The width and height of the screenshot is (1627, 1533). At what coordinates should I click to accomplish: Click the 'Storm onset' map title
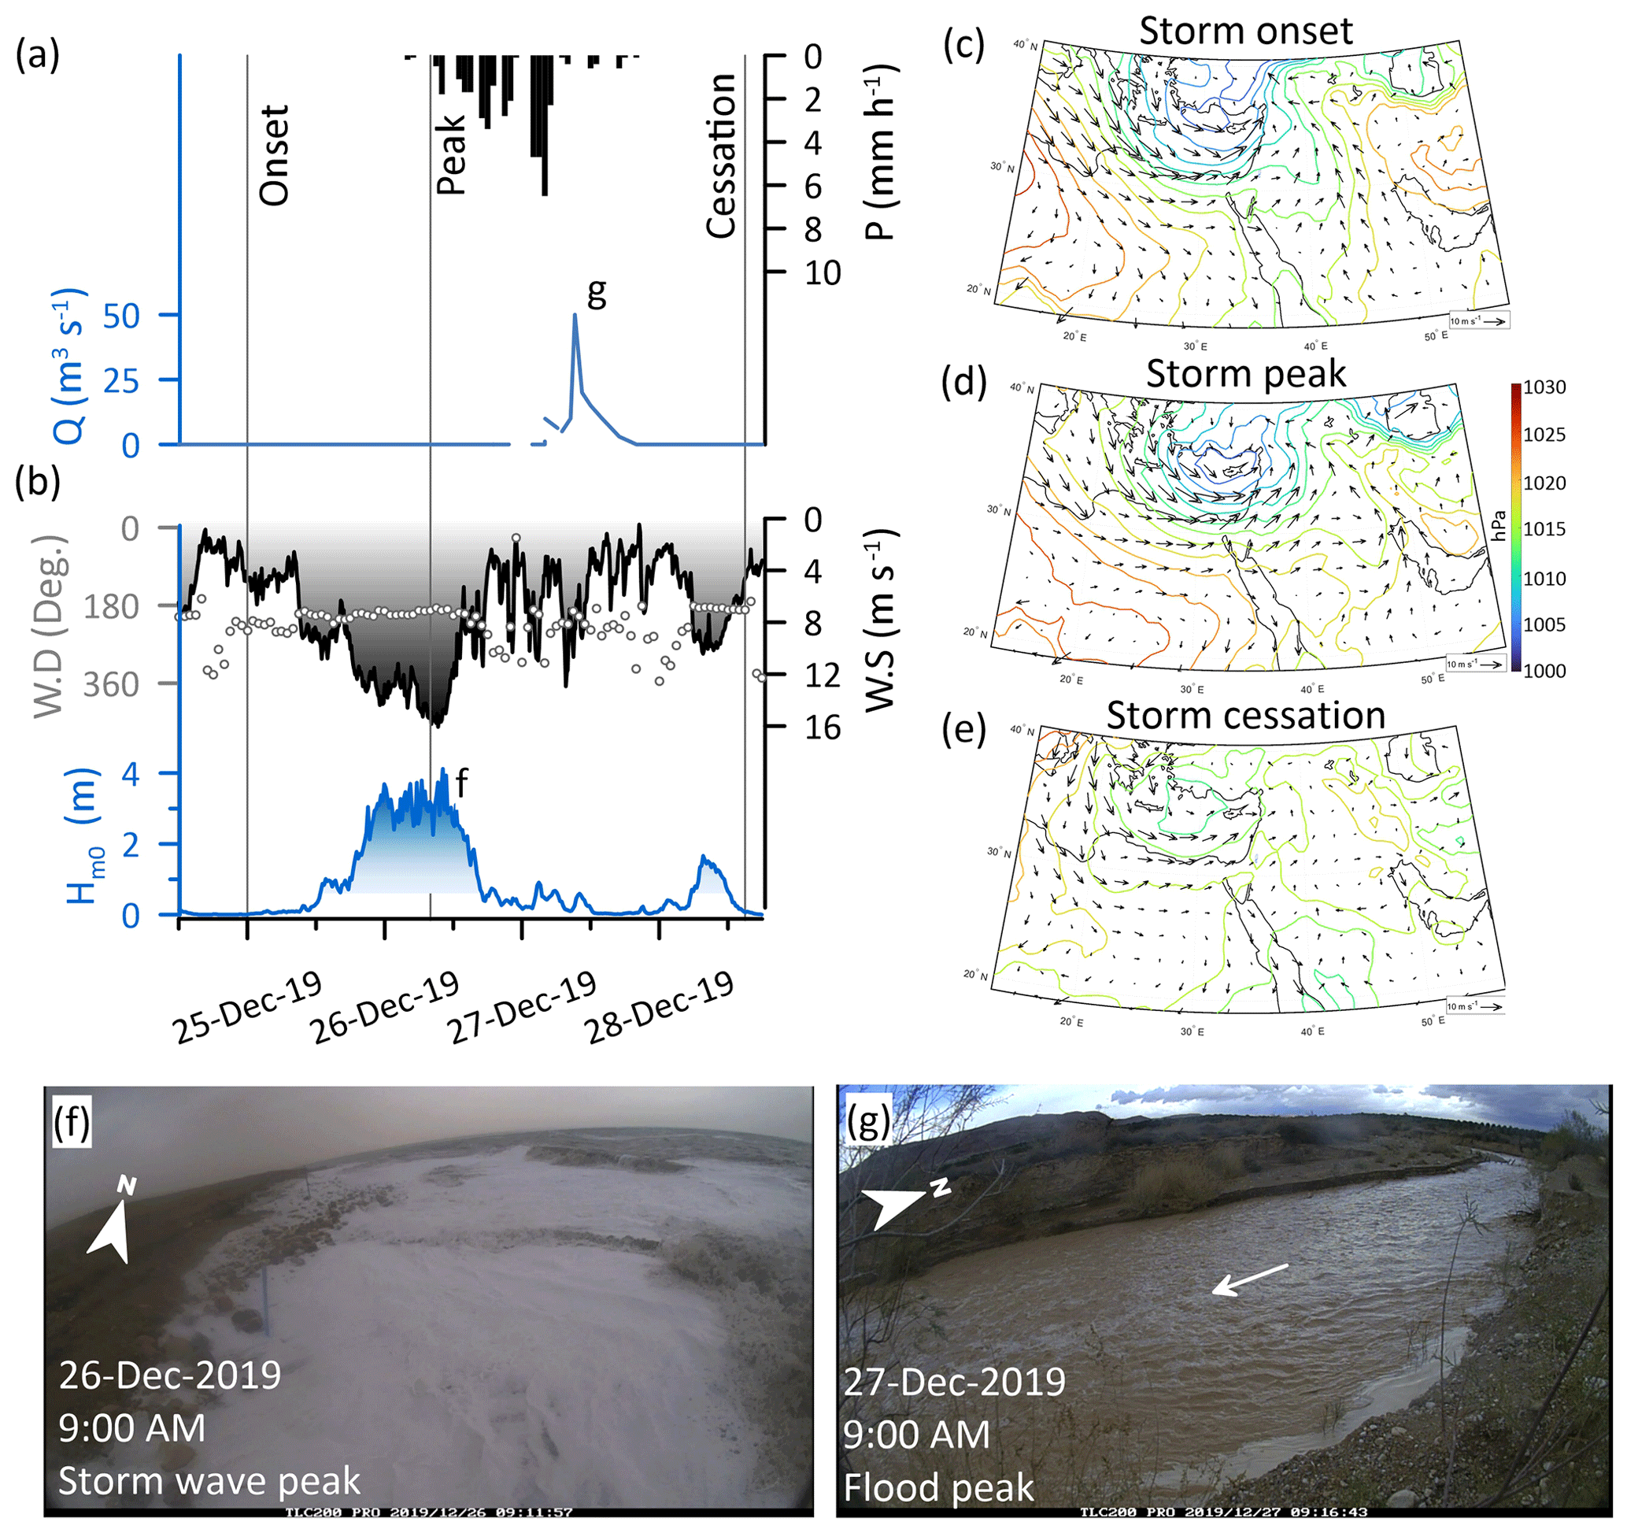1245,31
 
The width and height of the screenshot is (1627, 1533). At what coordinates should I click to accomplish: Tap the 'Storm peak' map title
1245,374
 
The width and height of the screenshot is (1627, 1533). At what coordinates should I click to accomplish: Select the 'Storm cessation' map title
1245,716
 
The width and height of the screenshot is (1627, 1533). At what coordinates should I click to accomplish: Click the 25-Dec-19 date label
249,1009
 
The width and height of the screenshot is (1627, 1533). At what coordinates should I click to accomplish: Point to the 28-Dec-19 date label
660,1009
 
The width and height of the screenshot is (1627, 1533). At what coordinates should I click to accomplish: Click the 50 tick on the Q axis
122,316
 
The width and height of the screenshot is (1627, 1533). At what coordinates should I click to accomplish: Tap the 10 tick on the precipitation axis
822,273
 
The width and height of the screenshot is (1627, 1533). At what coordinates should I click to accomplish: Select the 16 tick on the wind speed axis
822,728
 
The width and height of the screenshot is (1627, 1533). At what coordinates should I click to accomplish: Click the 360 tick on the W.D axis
111,684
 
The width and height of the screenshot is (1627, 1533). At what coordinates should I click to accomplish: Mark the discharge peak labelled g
575,315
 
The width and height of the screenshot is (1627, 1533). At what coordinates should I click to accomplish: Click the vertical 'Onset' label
274,156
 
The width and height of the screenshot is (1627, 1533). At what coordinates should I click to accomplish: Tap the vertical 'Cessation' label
721,156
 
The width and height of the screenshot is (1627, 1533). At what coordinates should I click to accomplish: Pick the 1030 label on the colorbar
1544,388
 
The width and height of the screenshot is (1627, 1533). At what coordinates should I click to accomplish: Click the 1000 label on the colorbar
1544,671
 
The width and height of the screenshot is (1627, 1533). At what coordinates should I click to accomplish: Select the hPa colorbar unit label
1499,525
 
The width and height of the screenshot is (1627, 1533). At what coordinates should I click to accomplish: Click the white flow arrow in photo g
1249,1279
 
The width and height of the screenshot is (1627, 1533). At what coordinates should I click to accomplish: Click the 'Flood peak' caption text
939,1487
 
